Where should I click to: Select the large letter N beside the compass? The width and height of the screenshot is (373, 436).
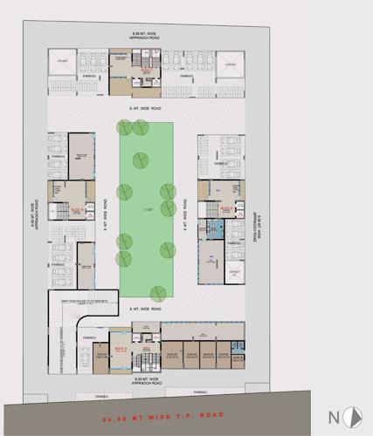[x=334, y=416]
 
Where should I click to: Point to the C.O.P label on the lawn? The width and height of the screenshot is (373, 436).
[x=147, y=209]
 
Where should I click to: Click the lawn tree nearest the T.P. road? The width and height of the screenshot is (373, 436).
[x=158, y=294]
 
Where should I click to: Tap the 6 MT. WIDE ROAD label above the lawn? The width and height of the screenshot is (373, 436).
[x=146, y=108]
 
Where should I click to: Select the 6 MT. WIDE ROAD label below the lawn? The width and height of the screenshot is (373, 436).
[x=146, y=310]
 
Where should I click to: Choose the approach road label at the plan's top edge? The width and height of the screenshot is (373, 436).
[x=146, y=37]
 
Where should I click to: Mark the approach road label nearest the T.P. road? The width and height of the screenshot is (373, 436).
[x=146, y=381]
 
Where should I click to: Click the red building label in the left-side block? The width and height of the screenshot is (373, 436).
[x=76, y=210]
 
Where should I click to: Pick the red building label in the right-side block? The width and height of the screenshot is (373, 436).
[x=224, y=208]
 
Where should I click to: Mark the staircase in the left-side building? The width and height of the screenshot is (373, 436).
[x=61, y=211]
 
